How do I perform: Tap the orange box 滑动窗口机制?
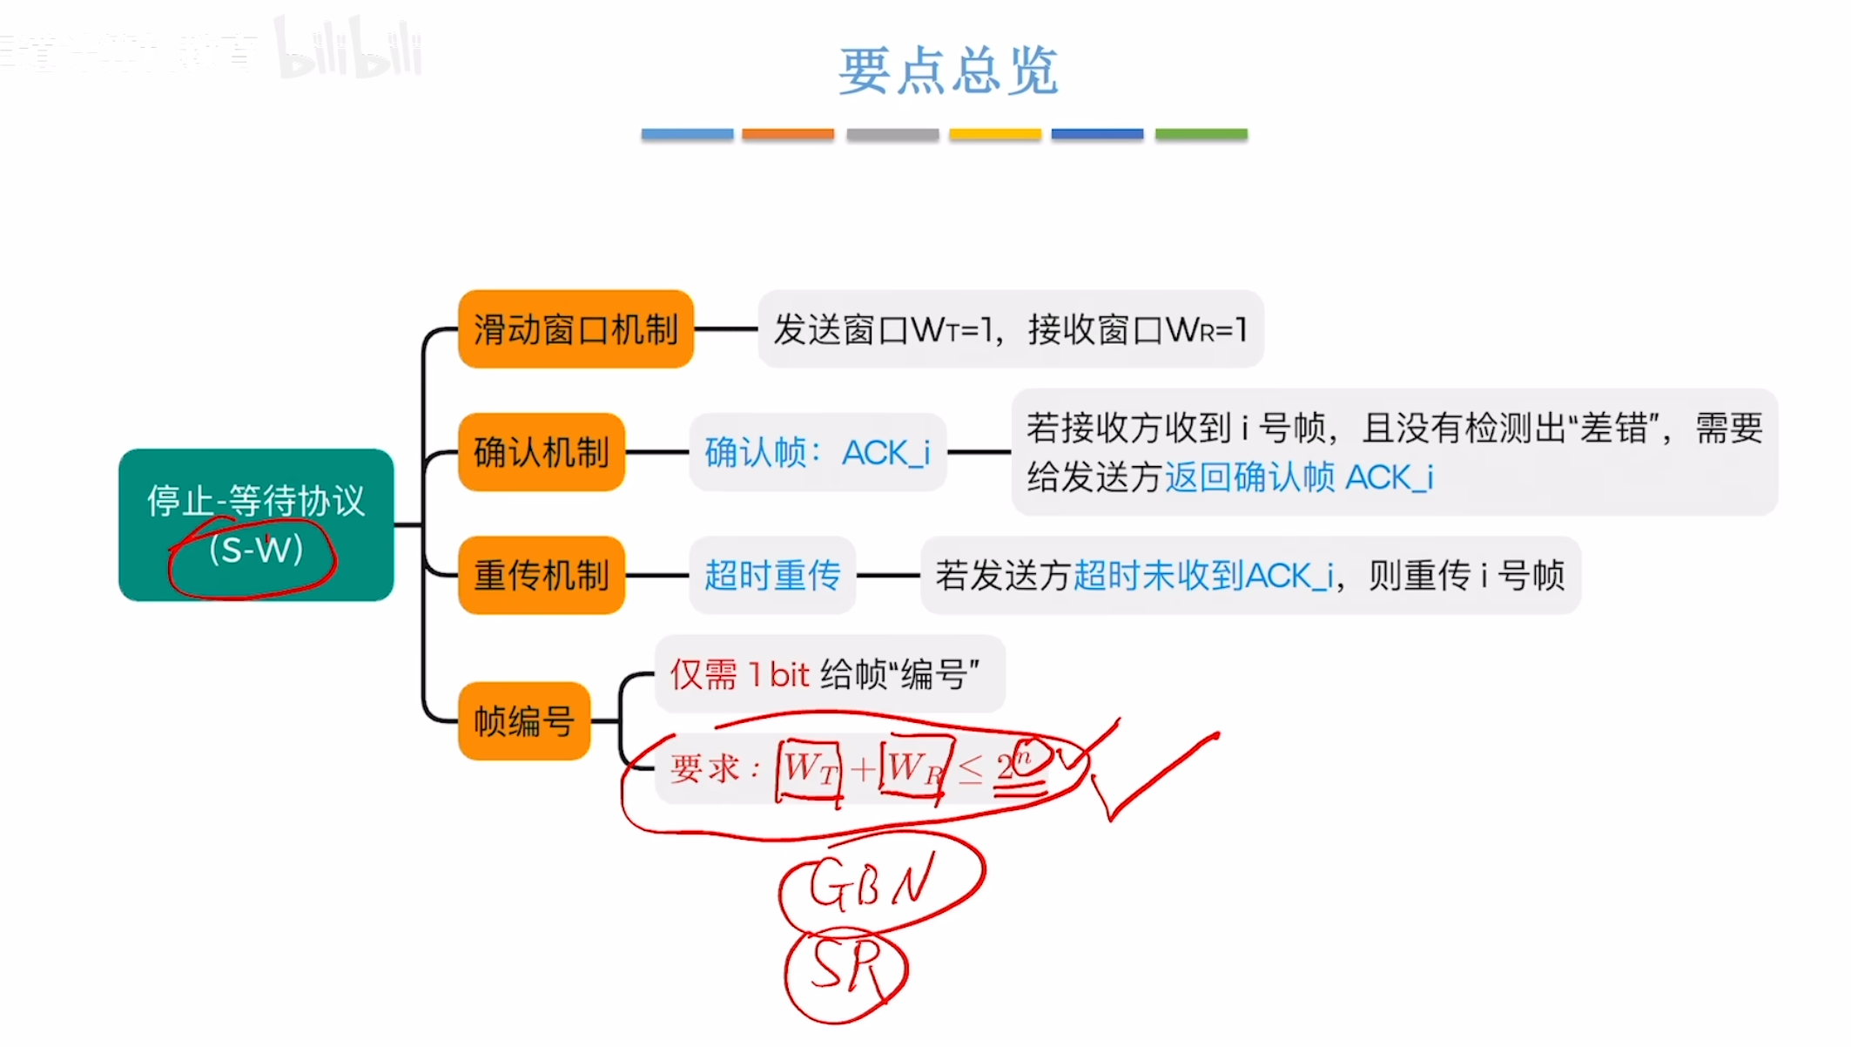click(575, 329)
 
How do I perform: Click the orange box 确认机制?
click(541, 452)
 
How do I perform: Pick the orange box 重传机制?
click(541, 575)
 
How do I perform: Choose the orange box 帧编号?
click(524, 721)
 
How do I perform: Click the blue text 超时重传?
click(772, 575)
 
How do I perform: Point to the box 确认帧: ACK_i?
click(817, 452)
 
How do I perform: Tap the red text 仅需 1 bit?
click(740, 674)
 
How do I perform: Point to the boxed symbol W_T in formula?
click(810, 769)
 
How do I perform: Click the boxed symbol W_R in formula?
click(914, 769)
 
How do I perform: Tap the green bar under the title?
click(1201, 134)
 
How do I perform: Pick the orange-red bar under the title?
click(787, 134)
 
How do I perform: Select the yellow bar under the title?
click(994, 134)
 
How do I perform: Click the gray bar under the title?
click(892, 134)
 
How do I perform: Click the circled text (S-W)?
click(255, 551)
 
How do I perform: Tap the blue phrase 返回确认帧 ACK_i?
click(1298, 477)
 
